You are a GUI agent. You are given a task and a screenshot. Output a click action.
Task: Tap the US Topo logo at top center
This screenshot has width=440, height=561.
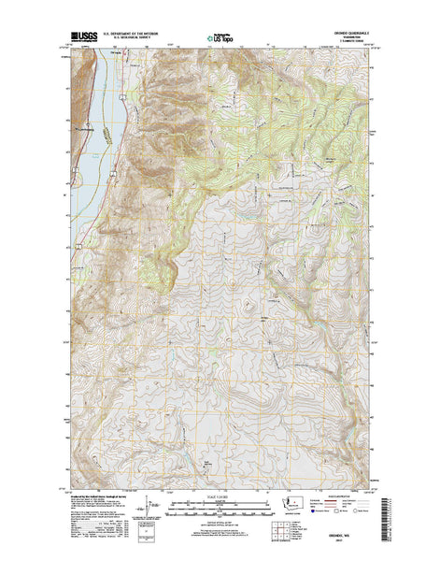coord(220,39)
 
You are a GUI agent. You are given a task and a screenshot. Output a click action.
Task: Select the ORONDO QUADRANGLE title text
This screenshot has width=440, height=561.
coord(348,36)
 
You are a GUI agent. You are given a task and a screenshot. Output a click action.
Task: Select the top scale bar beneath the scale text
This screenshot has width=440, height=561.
coord(220,504)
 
